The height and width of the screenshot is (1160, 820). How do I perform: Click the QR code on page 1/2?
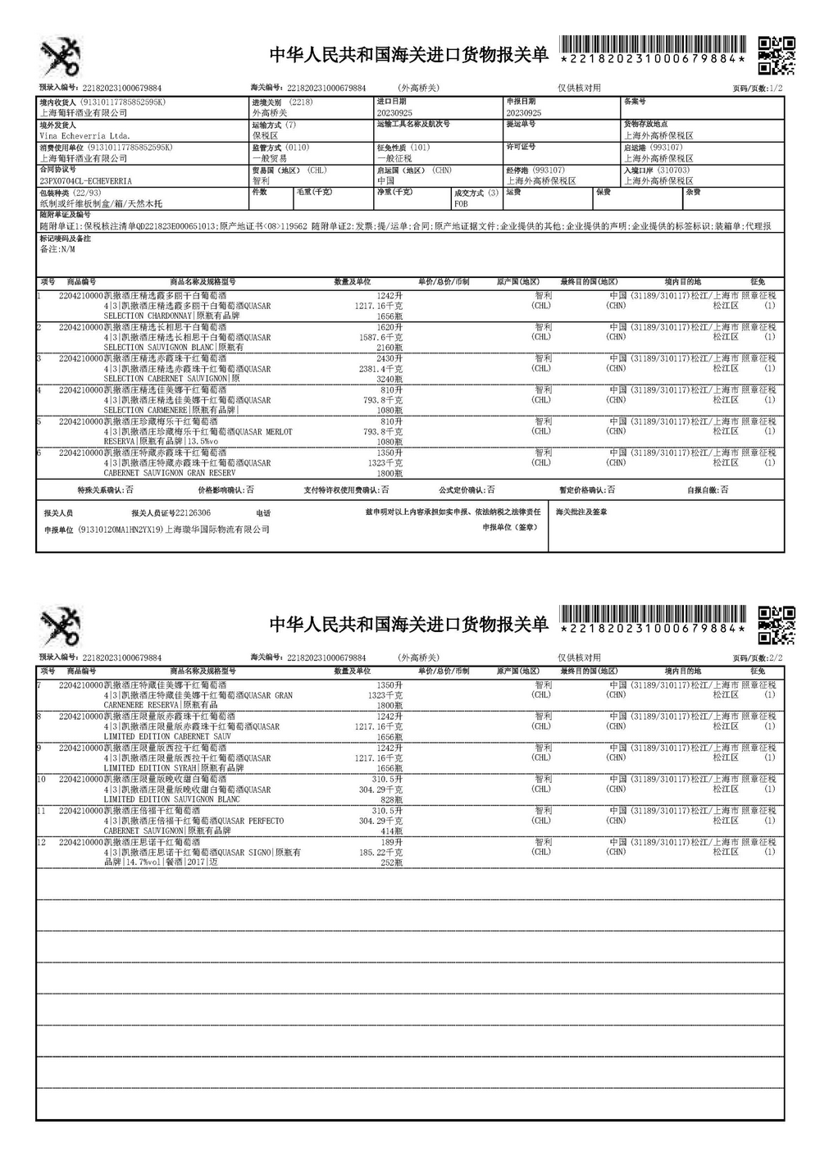(775, 55)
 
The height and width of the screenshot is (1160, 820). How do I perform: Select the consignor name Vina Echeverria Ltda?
(84, 135)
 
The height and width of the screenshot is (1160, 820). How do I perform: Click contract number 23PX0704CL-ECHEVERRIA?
(85, 180)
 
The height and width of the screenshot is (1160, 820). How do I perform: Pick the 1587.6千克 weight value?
(380, 337)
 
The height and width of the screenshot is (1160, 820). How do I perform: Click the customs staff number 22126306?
(194, 512)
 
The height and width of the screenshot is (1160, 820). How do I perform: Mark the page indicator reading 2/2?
(777, 658)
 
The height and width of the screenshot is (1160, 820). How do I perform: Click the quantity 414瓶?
(392, 831)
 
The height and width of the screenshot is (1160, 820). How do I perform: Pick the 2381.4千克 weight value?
(380, 369)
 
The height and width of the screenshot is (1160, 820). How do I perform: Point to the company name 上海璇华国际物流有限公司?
(218, 530)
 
